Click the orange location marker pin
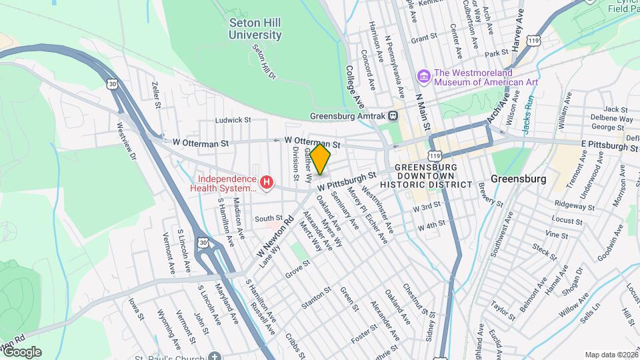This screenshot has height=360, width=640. tap(320, 160)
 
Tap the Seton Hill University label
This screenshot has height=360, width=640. tap(255, 28)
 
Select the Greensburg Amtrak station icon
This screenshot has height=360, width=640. tap(393, 115)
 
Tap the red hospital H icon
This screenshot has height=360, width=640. tap(267, 182)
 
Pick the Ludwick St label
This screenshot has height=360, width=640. tap(232, 121)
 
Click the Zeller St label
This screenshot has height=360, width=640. tap(156, 95)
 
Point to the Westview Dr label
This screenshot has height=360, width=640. tap(125, 140)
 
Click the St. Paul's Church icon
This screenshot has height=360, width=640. tap(213, 356)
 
